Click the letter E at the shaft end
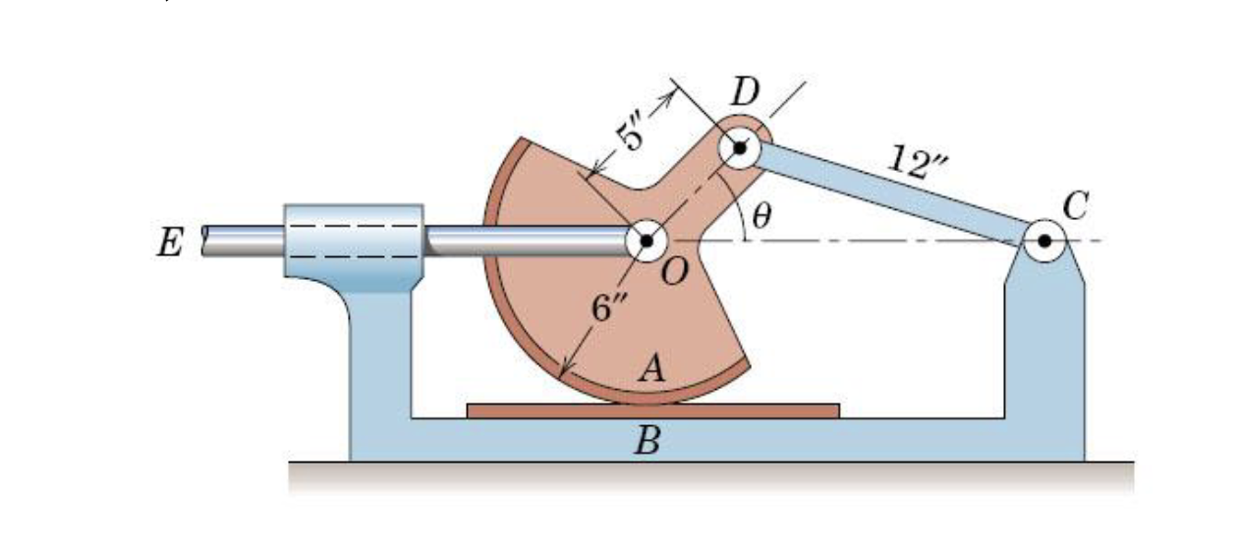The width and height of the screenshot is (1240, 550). click(169, 242)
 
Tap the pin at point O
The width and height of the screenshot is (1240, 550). click(646, 240)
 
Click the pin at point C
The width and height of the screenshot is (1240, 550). click(1043, 240)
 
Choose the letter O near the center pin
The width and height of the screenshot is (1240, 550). click(675, 274)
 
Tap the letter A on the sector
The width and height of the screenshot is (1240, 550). click(649, 368)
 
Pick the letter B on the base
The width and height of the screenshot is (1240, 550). click(646, 442)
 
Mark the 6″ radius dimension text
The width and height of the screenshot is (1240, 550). click(607, 307)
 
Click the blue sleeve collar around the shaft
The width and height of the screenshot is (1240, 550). click(354, 241)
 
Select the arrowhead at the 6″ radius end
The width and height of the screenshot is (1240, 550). click(563, 371)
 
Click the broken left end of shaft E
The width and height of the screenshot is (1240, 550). click(206, 241)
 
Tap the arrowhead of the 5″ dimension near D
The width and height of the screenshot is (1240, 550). click(672, 92)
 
